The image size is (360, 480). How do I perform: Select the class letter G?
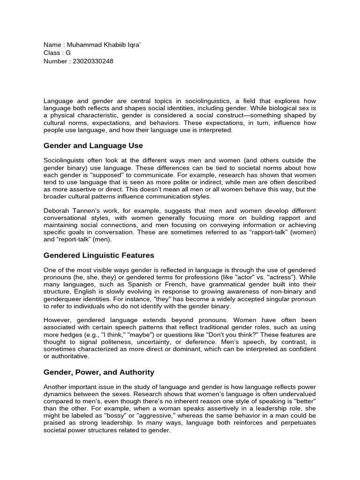click(x=68, y=53)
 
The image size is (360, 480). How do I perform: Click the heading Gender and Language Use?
click(x=93, y=146)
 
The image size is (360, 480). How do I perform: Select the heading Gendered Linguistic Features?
click(x=98, y=255)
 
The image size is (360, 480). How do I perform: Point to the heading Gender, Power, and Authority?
click(x=98, y=372)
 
